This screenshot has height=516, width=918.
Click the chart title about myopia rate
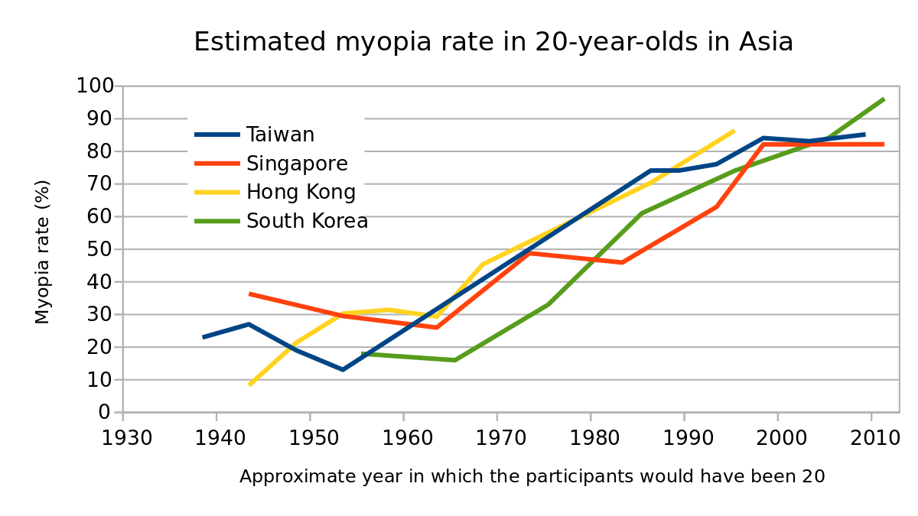click(493, 42)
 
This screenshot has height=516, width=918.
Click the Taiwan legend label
click(280, 135)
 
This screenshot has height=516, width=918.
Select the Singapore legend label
click(297, 164)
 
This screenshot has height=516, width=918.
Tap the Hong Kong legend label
click(301, 192)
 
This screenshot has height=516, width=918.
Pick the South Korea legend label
click(307, 221)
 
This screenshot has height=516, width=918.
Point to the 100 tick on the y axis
click(94, 86)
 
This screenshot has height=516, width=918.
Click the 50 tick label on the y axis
click(99, 249)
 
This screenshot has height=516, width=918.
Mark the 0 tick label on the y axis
click(105, 413)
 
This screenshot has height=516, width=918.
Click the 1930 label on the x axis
click(123, 439)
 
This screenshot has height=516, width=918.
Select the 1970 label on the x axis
click(496, 439)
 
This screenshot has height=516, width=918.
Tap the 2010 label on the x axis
click(871, 439)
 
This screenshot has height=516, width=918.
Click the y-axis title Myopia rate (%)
click(43, 252)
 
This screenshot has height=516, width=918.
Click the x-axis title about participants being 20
click(532, 477)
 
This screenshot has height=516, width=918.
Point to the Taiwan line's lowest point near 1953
click(343, 369)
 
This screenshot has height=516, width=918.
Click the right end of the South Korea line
click(884, 99)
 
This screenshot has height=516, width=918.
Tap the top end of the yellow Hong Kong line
click(733, 131)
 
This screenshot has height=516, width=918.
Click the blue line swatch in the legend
click(217, 135)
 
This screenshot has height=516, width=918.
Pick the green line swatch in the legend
click(217, 222)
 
